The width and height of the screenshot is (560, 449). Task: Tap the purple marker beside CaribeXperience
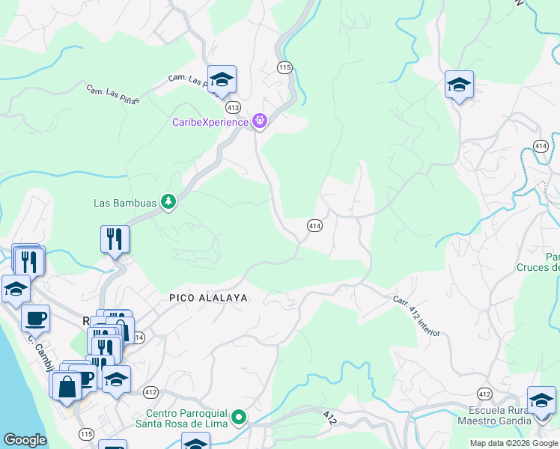click(260, 120)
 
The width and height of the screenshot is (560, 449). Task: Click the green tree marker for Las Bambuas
click(169, 201)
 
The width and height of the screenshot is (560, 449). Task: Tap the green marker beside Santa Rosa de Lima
click(239, 417)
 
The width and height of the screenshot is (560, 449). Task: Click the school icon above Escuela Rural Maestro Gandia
click(541, 400)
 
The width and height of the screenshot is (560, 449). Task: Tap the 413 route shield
click(233, 107)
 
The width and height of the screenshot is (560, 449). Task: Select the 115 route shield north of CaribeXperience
click(284, 67)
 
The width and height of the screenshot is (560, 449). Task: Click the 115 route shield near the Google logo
click(86, 433)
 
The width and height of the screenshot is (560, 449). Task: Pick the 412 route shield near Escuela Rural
click(485, 394)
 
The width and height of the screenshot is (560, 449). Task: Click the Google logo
click(25, 440)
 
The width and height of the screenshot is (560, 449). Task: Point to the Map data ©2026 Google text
click(513, 443)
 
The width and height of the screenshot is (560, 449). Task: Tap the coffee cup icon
click(35, 319)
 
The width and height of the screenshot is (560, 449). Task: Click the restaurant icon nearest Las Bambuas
click(115, 239)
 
